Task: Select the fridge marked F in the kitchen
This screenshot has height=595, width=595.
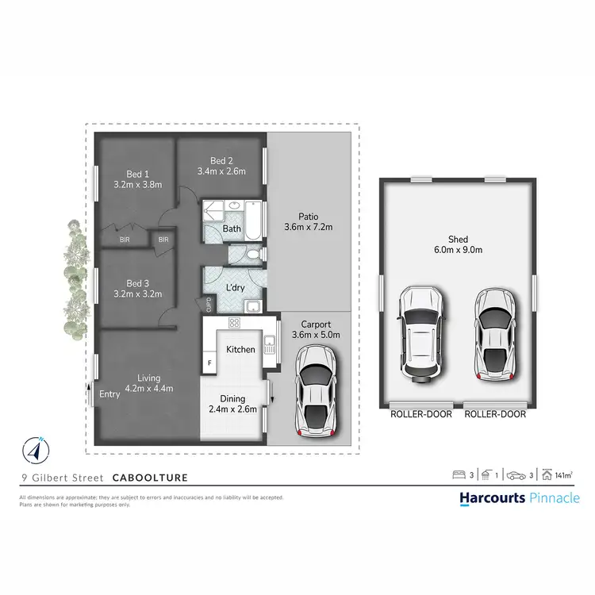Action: (x=210, y=363)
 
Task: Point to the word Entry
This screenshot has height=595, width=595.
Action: (x=109, y=393)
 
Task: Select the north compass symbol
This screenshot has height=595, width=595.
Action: (x=34, y=449)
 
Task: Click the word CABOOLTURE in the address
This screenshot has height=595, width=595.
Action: (x=150, y=478)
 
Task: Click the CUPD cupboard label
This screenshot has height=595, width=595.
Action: (x=209, y=303)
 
